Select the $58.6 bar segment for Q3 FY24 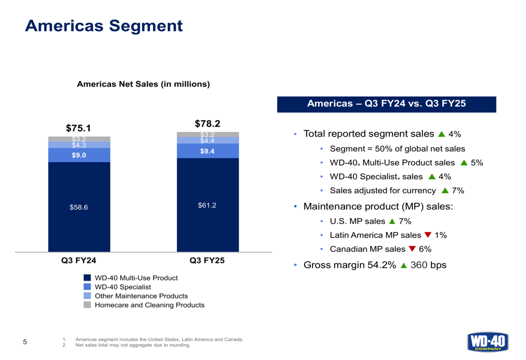pos(79,207)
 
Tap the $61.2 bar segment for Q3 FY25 pos(207,205)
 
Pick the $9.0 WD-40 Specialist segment pos(79,155)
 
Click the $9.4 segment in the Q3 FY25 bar pos(207,151)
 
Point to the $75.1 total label pos(78,128)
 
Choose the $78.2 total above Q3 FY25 pos(207,124)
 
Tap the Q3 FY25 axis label pos(207,260)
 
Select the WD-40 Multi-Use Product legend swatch pos(87,277)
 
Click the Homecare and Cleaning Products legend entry pos(149,305)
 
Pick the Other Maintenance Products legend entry pos(141,296)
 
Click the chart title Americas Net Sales pos(144,84)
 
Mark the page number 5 pos(25,342)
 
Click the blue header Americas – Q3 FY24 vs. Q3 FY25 pos(387,104)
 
